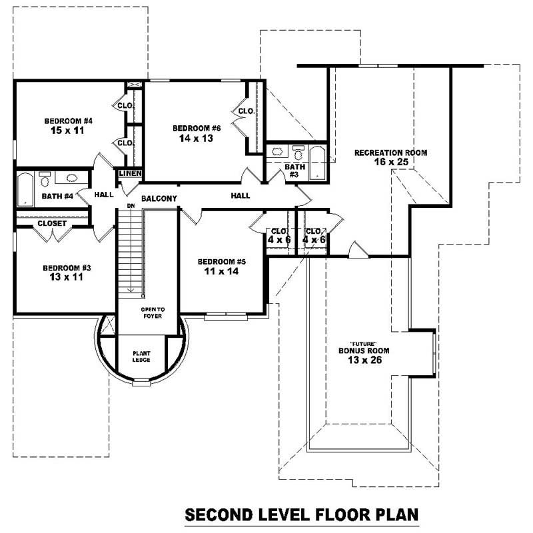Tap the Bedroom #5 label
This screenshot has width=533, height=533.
(x=222, y=261)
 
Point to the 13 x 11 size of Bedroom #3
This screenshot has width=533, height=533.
(x=66, y=278)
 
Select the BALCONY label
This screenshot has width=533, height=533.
(x=159, y=198)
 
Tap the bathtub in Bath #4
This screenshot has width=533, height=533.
(x=25, y=189)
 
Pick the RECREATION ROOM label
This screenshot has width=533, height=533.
(x=390, y=153)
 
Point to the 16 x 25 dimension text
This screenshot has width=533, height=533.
(x=390, y=162)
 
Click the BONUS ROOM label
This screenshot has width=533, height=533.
(x=363, y=350)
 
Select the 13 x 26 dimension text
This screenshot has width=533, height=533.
(x=363, y=360)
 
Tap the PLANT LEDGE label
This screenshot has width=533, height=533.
(x=141, y=356)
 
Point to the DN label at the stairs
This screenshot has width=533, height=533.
(x=131, y=206)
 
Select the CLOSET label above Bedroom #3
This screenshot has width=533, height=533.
(x=51, y=223)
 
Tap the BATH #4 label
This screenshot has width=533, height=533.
(x=57, y=196)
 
